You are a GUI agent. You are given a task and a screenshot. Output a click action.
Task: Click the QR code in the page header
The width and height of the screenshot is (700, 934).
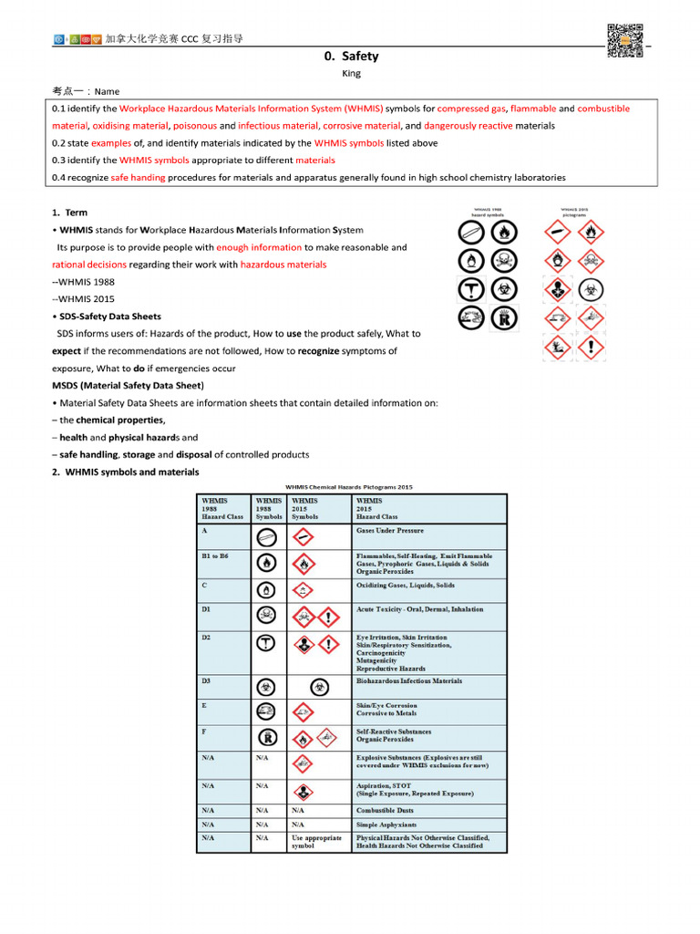(624, 40)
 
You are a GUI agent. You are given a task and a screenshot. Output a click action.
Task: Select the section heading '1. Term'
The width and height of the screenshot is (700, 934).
(69, 213)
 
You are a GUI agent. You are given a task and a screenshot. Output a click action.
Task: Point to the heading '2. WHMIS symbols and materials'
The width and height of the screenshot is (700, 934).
(126, 472)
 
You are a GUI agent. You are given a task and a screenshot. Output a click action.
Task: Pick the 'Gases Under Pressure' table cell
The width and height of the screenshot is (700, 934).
(389, 530)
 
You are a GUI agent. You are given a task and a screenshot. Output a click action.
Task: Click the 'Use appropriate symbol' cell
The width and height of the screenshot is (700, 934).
(316, 841)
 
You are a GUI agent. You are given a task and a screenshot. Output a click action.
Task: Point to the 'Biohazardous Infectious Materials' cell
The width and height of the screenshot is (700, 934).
(408, 680)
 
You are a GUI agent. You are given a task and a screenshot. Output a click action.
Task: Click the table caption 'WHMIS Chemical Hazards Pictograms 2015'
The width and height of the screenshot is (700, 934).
(351, 487)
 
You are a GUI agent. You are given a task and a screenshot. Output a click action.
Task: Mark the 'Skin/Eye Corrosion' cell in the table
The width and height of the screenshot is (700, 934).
(386, 706)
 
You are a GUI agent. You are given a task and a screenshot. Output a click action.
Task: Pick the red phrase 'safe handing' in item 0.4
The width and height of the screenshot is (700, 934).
(138, 178)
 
